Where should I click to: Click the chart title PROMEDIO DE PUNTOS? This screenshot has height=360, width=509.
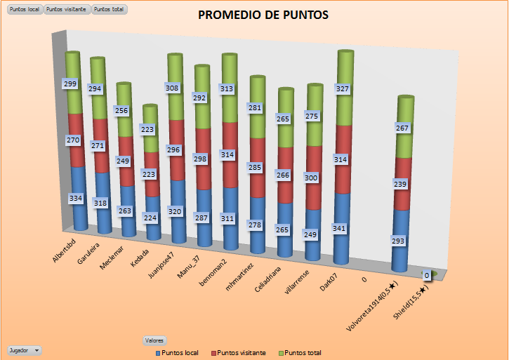tap(263, 15)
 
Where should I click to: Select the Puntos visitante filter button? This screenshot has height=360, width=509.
tap(67, 9)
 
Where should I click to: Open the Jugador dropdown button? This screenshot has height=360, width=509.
tap(24, 349)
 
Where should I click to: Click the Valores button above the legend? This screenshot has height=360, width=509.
tap(154, 340)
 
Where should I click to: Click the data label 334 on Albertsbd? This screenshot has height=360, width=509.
tap(75, 199)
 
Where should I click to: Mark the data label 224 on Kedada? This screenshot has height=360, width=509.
tap(149, 218)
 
